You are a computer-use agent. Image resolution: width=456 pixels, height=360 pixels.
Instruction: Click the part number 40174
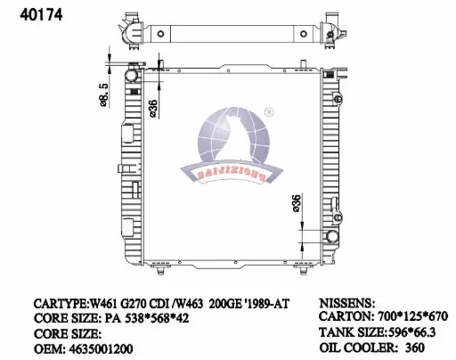(x=41, y=14)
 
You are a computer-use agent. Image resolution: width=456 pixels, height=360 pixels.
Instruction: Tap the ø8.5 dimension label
(x=103, y=94)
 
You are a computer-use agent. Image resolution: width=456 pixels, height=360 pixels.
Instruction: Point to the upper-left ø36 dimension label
(x=153, y=108)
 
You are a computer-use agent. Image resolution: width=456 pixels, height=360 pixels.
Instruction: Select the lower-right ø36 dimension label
(x=297, y=203)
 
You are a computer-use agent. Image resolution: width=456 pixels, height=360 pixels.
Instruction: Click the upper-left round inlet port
(x=131, y=75)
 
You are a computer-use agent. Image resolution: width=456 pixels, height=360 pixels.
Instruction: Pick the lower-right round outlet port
(x=332, y=236)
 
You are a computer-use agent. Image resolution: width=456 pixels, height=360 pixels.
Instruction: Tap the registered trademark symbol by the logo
(x=269, y=112)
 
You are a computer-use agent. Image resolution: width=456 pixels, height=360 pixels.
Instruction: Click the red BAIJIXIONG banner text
(x=231, y=175)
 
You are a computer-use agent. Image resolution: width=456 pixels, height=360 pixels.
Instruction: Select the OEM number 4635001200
(x=101, y=348)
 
